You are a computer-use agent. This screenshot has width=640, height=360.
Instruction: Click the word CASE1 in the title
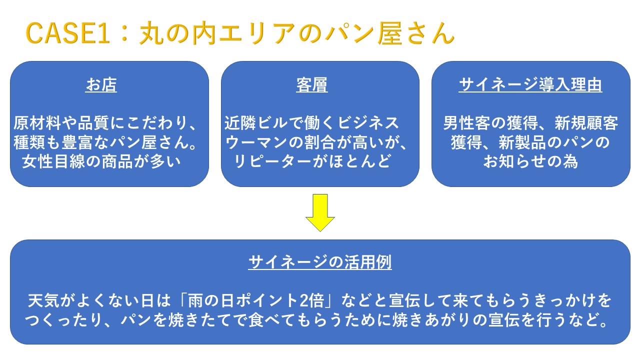coord(67,33)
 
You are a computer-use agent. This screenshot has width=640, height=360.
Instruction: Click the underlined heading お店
coord(101,85)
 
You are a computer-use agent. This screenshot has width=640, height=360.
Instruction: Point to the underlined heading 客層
coord(311,85)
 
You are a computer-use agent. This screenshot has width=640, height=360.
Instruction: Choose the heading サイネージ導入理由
coord(530,85)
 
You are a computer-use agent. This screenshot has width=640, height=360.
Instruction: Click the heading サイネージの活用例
coord(320,262)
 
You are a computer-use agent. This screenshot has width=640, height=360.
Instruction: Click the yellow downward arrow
coord(320,212)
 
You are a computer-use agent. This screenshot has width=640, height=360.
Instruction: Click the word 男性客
coord(467,123)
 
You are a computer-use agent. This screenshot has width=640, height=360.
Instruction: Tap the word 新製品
coord(522,142)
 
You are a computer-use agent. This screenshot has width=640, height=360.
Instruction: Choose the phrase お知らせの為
coord(530,161)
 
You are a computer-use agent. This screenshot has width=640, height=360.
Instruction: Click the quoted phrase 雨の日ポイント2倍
coord(256,300)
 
